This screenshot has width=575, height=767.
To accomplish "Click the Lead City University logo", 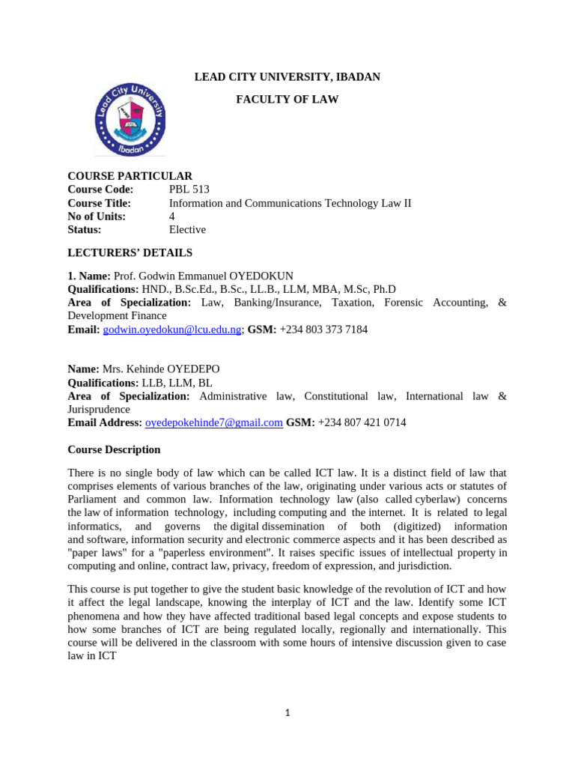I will pos(130,119).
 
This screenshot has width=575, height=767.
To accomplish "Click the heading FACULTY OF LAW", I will pos(287,100).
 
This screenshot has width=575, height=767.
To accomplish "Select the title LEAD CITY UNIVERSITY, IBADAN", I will pos(287,77).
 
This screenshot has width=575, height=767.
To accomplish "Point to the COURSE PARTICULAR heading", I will pos(130,176).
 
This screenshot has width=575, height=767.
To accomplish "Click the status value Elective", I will pos(187,230).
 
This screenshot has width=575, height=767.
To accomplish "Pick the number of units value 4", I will pos(172,216).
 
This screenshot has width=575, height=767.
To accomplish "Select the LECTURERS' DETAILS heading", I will pos(130,253).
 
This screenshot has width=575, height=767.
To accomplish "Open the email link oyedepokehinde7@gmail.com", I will pos(214,422).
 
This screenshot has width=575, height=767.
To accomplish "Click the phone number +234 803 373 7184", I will pos(323,330).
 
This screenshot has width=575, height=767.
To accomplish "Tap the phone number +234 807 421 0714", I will pos(362,422).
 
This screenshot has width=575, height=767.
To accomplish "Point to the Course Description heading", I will pos(114,450).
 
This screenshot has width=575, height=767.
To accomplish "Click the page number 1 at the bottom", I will pos(287,713).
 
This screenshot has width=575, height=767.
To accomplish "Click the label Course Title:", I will pos(100,203).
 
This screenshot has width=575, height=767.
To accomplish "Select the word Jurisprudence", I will pos(99,410).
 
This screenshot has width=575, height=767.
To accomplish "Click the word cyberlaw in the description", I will pos(429,499).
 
